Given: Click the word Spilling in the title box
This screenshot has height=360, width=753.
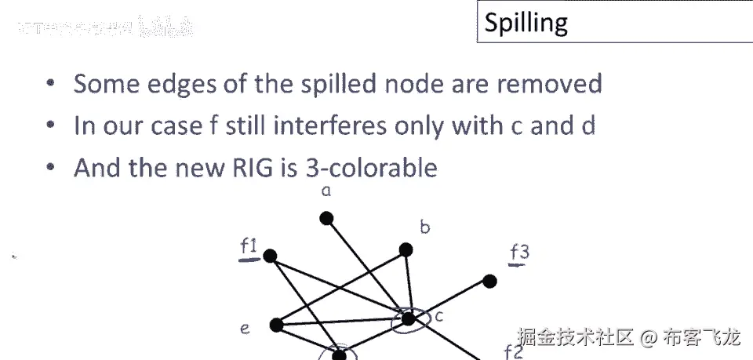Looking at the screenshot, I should coord(526,23).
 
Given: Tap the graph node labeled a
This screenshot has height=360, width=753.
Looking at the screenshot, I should coord(326,218).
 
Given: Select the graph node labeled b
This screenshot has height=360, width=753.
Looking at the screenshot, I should coord(406,250).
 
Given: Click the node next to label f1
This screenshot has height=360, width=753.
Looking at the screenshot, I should coord(271,256).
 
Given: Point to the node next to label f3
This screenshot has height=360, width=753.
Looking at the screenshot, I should coord(490,281).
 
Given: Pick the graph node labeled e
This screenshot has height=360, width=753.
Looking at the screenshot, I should coord(276,324).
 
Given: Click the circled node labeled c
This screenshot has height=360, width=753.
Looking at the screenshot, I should coord(408,318).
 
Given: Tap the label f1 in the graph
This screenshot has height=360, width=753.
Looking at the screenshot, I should coord(249,247).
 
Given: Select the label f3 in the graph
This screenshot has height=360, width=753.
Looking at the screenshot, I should coord(519,253).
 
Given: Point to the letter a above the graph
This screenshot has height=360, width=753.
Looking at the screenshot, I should coord(328,191).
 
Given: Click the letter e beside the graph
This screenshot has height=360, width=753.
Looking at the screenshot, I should coord(245,329).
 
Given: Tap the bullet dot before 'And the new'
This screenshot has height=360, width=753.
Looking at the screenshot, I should coord(51,167).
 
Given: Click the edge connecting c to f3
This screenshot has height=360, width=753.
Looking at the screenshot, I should coord(449,300).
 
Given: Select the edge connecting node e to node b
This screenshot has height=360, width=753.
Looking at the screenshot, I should coord(340,287).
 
